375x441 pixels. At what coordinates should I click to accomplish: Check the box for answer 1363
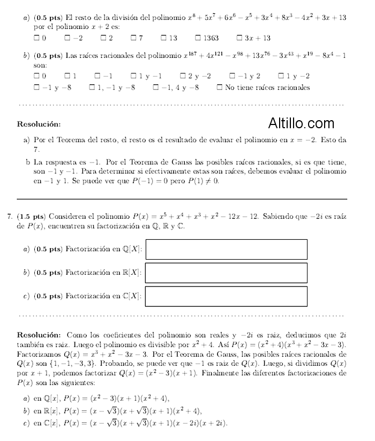pyautogui.click(x=198, y=38)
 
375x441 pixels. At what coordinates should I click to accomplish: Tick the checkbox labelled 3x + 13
pyautogui.click(x=239, y=38)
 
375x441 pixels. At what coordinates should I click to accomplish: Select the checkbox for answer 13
pyautogui.click(x=163, y=38)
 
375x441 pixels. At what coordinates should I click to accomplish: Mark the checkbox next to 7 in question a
pyautogui.click(x=133, y=38)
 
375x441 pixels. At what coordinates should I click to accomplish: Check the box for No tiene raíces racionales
pyautogui.click(x=219, y=87)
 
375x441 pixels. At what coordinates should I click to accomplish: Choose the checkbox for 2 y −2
pyautogui.click(x=183, y=76)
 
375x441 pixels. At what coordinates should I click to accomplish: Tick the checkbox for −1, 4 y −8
pyautogui.click(x=155, y=87)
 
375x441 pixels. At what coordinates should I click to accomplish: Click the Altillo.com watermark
pyautogui.click(x=301, y=124)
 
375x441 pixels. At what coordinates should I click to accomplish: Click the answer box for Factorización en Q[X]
pyautogui.click(x=226, y=249)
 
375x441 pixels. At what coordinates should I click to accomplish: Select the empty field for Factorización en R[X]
pyautogui.click(x=226, y=273)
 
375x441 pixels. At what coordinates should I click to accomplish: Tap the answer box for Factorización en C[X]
pyautogui.click(x=226, y=297)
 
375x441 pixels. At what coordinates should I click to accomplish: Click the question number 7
pyautogui.click(x=10, y=217)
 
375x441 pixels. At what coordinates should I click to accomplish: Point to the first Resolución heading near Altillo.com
pyautogui.click(x=39, y=124)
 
